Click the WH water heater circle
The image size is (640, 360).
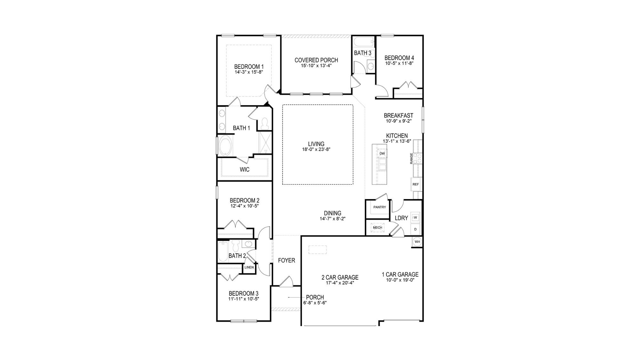[417, 242]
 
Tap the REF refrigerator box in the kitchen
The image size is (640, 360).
[415, 184]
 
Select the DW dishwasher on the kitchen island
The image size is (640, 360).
[382, 154]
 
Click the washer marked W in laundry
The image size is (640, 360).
[415, 218]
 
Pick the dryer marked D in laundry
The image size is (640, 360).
[415, 229]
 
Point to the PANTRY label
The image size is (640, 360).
[380, 207]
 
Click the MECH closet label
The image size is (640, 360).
[378, 228]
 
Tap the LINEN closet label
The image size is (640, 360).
[249, 267]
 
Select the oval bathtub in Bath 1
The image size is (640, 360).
[226, 146]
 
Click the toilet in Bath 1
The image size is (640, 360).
[265, 124]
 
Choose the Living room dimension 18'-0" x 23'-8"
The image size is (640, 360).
[316, 149]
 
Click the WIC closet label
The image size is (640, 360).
[244, 170]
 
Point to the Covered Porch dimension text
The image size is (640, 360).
[316, 66]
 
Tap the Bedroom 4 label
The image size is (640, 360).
[399, 58]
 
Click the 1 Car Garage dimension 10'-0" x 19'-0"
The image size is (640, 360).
[400, 280]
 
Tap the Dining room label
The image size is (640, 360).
[332, 213]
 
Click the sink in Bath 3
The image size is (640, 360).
[371, 67]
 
